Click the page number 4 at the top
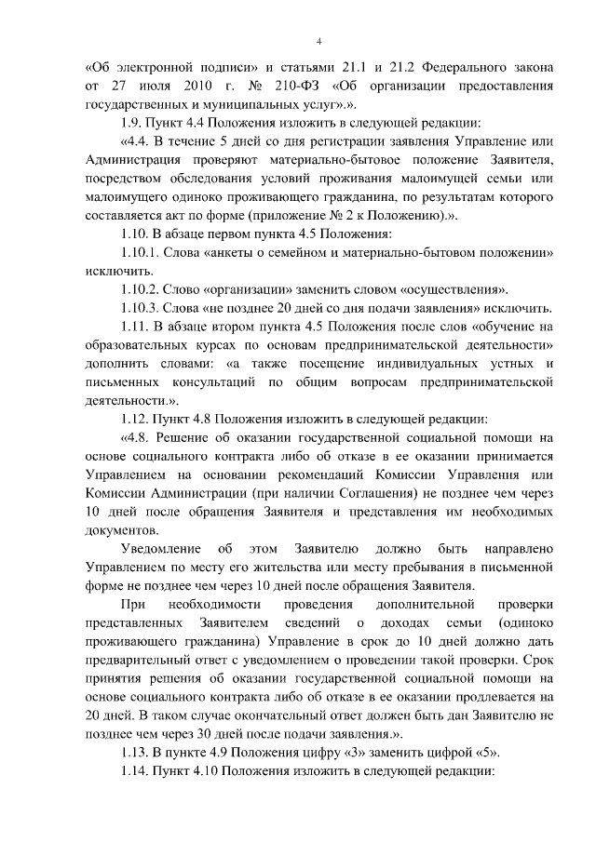pyautogui.click(x=318, y=42)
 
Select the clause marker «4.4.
pyautogui.click(x=139, y=141)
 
